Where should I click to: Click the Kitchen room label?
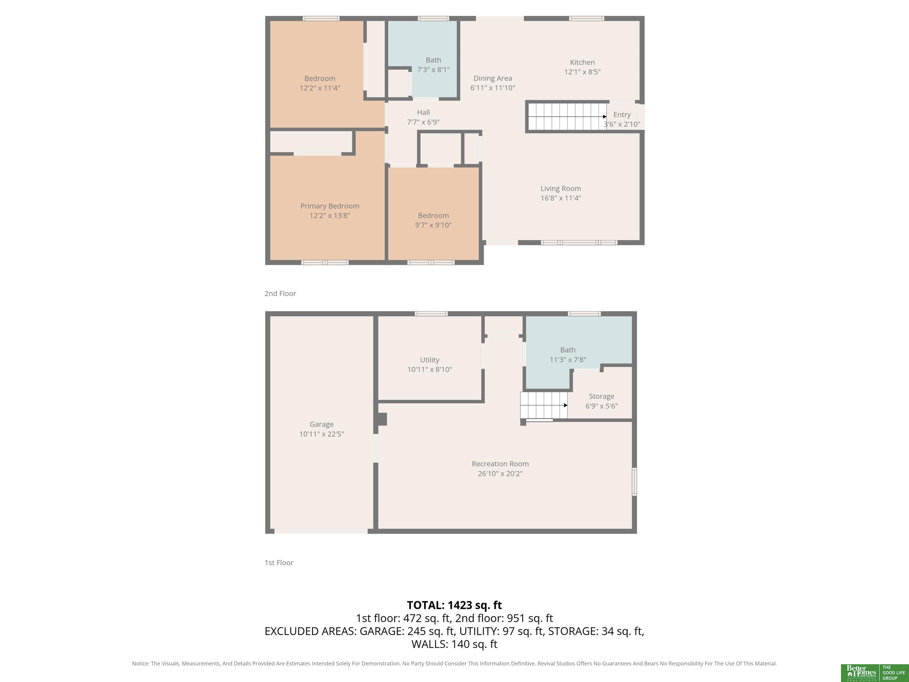tap(582, 62)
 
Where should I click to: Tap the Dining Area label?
tap(492, 78)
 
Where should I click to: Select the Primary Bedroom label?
tap(330, 206)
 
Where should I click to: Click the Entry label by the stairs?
tap(622, 115)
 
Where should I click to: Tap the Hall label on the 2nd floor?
tap(423, 112)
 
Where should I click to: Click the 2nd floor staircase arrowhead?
tap(605, 117)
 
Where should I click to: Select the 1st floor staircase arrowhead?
tap(565, 405)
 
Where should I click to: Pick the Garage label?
tap(321, 424)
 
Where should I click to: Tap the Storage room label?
tap(601, 396)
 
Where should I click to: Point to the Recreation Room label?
tap(500, 464)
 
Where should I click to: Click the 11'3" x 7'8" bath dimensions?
tap(568, 360)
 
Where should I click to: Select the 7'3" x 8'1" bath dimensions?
tap(433, 70)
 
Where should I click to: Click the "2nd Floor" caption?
tap(280, 294)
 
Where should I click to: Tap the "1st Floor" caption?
tap(279, 563)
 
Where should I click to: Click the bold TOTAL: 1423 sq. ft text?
tap(454, 605)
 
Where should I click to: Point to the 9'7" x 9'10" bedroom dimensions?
tap(433, 225)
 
